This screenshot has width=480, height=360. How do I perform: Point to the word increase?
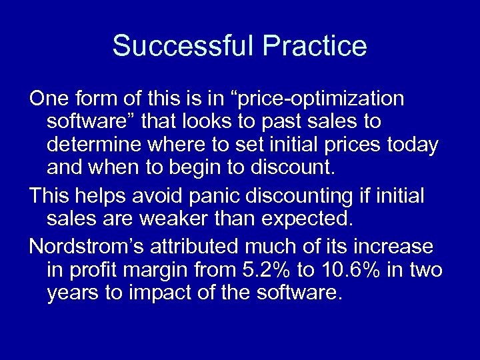click(396, 247)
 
